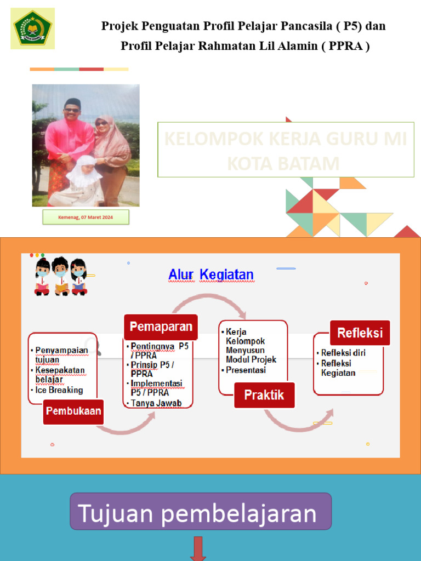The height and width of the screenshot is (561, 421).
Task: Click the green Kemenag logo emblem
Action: [32, 28]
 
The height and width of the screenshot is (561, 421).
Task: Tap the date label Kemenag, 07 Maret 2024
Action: [86, 217]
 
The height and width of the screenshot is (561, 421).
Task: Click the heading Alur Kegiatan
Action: [210, 274]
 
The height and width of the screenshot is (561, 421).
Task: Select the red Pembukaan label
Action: [73, 410]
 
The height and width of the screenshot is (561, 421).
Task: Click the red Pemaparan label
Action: [161, 327]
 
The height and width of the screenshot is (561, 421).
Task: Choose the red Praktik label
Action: [264, 394]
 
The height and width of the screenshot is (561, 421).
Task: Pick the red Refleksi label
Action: [360, 333]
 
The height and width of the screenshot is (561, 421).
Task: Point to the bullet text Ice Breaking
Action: [59, 390]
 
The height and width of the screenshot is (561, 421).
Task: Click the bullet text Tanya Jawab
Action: [156, 403]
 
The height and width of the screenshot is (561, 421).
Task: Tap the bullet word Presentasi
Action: [246, 370]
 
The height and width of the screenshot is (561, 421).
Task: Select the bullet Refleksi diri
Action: [343, 353]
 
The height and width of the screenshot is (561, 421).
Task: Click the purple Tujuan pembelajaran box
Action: [200, 511]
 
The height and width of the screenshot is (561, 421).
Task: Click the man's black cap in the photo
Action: [72, 102]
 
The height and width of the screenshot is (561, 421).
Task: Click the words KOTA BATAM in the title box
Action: [283, 163]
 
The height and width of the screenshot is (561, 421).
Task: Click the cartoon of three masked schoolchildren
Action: [60, 276]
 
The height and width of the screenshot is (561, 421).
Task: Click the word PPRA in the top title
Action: [345, 46]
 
